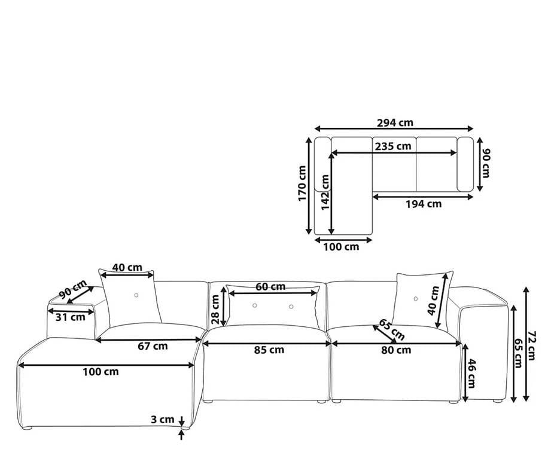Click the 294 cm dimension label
[x=395, y=123]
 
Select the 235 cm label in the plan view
[x=393, y=146]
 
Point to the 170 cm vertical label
[x=302, y=183]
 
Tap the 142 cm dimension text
[x=325, y=192]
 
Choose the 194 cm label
[x=424, y=204]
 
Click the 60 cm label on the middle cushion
[x=270, y=287]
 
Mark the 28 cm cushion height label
[x=215, y=310]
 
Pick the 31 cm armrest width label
[x=70, y=317]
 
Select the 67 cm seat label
[x=153, y=346]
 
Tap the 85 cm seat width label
[x=269, y=350]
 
